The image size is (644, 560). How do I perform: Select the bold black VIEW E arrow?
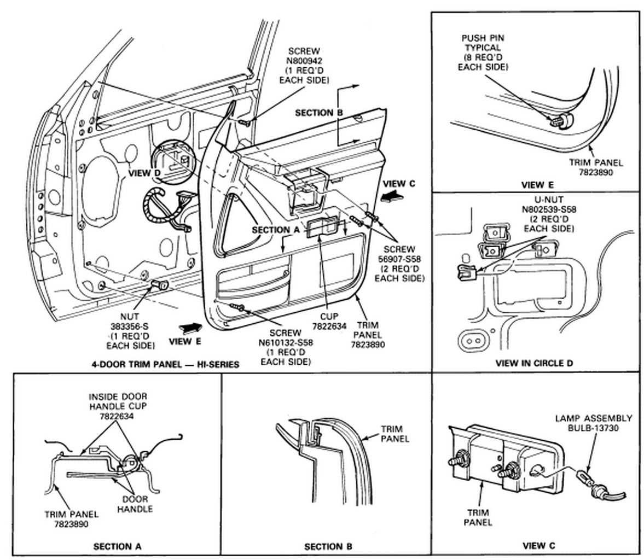tap(191, 326)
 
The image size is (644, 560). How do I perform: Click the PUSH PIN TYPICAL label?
tap(482, 48)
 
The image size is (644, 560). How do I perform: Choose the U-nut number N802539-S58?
tap(549, 209)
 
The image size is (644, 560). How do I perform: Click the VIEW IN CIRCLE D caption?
tap(533, 363)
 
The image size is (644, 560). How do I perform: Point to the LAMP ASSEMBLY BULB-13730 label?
tap(593, 423)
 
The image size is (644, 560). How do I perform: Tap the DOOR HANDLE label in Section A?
tap(136, 504)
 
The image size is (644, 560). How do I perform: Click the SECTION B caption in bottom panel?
tap(328, 546)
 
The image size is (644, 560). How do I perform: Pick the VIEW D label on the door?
tap(144, 173)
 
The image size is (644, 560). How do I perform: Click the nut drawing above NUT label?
tap(159, 285)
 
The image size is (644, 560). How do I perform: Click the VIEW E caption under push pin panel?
tap(537, 185)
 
